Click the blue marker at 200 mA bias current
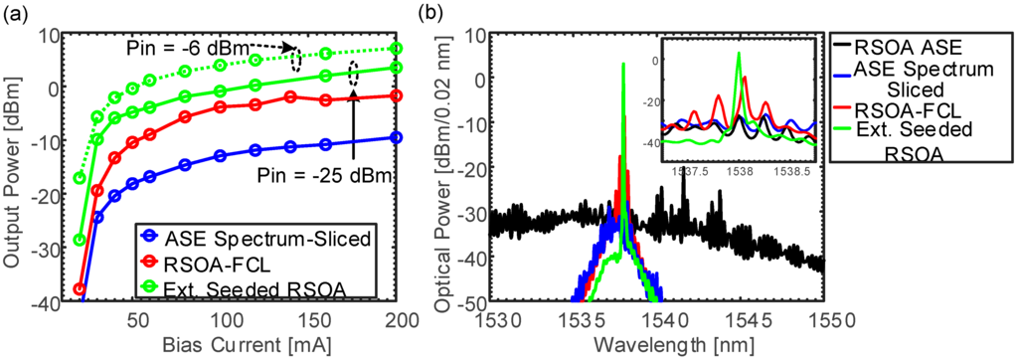[x=397, y=137]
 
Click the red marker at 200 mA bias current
[x=397, y=95]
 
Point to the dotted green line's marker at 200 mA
[x=397, y=48]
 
